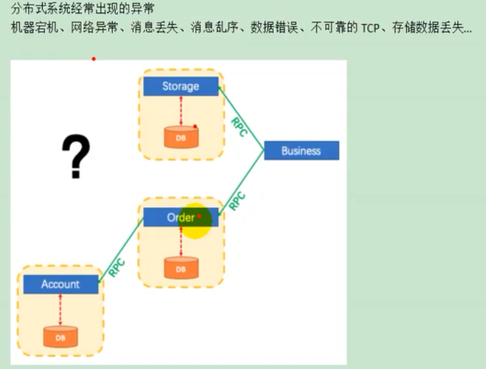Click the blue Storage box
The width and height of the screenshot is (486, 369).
click(180, 86)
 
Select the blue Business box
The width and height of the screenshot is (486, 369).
click(301, 151)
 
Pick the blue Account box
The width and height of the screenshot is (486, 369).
click(61, 284)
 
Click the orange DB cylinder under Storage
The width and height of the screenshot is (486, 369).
click(180, 136)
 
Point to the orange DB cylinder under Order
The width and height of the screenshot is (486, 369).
click(180, 268)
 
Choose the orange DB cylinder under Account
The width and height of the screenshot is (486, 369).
click(61, 337)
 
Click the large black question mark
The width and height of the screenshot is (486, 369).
click(75, 156)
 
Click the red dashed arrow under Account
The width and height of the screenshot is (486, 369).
click(61, 310)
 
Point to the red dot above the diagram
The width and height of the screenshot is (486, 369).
click(93, 58)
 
